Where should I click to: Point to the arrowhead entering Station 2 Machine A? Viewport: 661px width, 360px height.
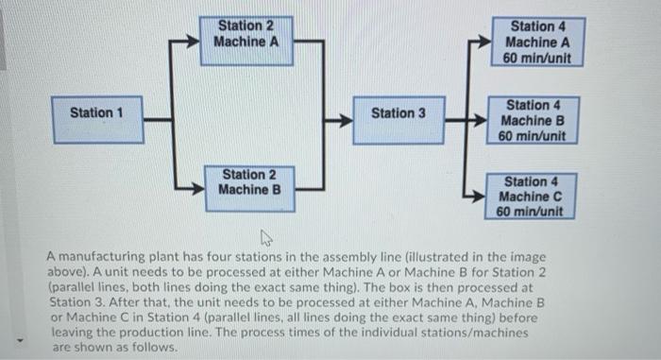click(197, 43)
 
